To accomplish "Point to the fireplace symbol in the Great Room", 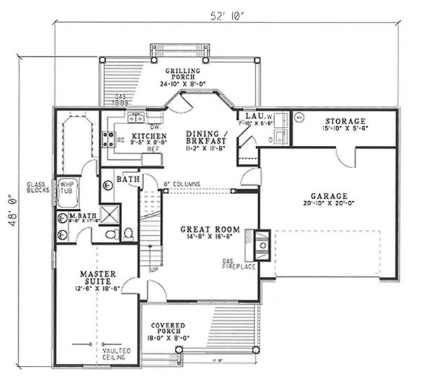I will coord(262,245).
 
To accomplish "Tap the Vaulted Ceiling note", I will coord(113,354).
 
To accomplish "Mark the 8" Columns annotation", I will coord(182,184).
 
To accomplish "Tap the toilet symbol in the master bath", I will coord(128,232).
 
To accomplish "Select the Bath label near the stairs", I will coord(127,180).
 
